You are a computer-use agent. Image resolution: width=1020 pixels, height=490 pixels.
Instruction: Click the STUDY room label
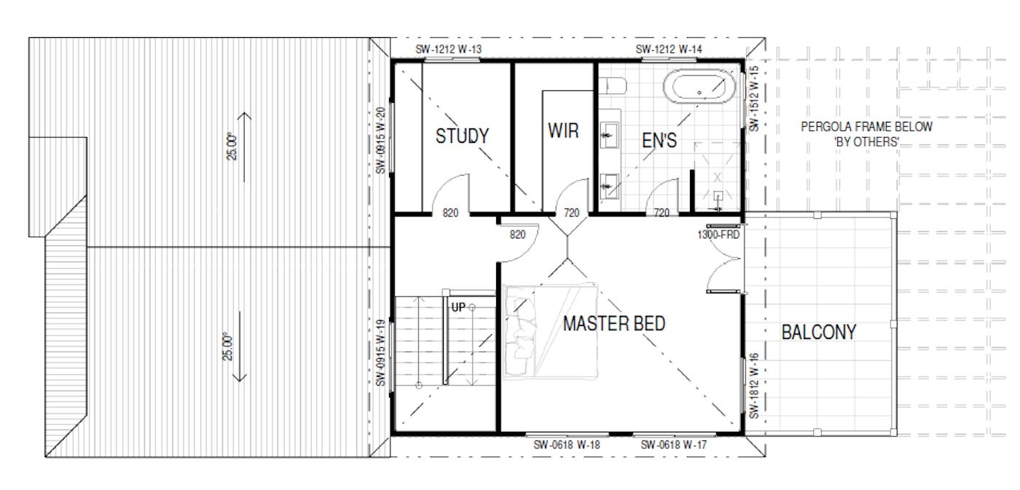click(462, 136)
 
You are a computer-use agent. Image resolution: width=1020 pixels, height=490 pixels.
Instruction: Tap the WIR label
click(563, 131)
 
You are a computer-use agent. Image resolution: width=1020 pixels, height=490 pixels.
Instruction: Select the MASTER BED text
click(614, 324)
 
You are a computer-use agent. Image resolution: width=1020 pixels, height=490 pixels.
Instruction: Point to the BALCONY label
click(819, 332)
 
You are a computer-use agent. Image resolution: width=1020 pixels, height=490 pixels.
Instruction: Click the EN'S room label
click(659, 141)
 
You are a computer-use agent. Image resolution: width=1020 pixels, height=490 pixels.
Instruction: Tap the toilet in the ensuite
click(613, 85)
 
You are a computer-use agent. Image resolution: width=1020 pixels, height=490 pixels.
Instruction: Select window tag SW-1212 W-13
click(448, 50)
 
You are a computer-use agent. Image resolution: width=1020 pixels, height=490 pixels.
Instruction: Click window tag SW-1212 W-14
click(669, 50)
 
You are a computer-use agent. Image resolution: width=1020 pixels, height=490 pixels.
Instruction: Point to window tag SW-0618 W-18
click(567, 444)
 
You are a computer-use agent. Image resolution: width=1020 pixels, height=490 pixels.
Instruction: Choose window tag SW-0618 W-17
click(673, 444)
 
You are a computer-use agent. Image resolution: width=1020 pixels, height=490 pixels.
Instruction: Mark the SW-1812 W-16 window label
click(754, 386)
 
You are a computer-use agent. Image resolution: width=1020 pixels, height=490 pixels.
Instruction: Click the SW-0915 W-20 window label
click(380, 141)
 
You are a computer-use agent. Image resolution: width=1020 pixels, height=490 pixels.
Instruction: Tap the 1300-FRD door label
click(718, 235)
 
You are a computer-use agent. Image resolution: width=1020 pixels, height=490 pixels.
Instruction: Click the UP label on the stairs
click(458, 307)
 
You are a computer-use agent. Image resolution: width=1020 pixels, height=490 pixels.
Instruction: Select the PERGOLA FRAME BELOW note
click(866, 127)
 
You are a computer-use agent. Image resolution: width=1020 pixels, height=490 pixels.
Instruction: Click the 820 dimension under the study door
click(450, 213)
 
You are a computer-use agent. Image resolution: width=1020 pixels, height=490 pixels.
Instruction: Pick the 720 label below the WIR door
click(571, 213)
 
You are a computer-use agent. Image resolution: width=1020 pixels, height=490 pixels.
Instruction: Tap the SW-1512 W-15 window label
click(754, 99)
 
